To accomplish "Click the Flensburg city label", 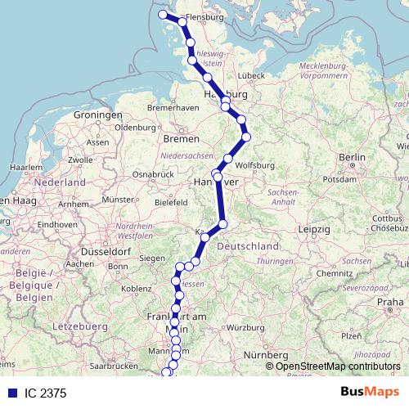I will [x=205, y=16].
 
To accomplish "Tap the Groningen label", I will [x=98, y=115].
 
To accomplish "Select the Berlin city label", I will [x=353, y=156].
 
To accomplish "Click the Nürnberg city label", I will [x=266, y=355].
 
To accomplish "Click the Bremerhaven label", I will [x=173, y=107].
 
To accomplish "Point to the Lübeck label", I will [x=253, y=75].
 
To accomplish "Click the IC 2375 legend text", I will [x=46, y=393].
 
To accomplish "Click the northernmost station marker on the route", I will [x=163, y=15].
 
